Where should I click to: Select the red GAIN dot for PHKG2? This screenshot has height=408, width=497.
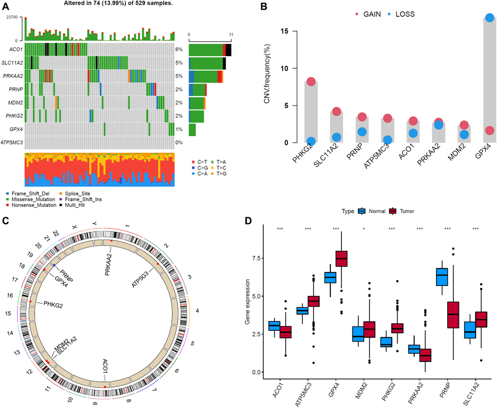pos(311,82)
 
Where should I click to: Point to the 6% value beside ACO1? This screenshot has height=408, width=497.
pos(179,50)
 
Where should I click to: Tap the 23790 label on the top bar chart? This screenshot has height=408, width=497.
pos(12,17)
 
